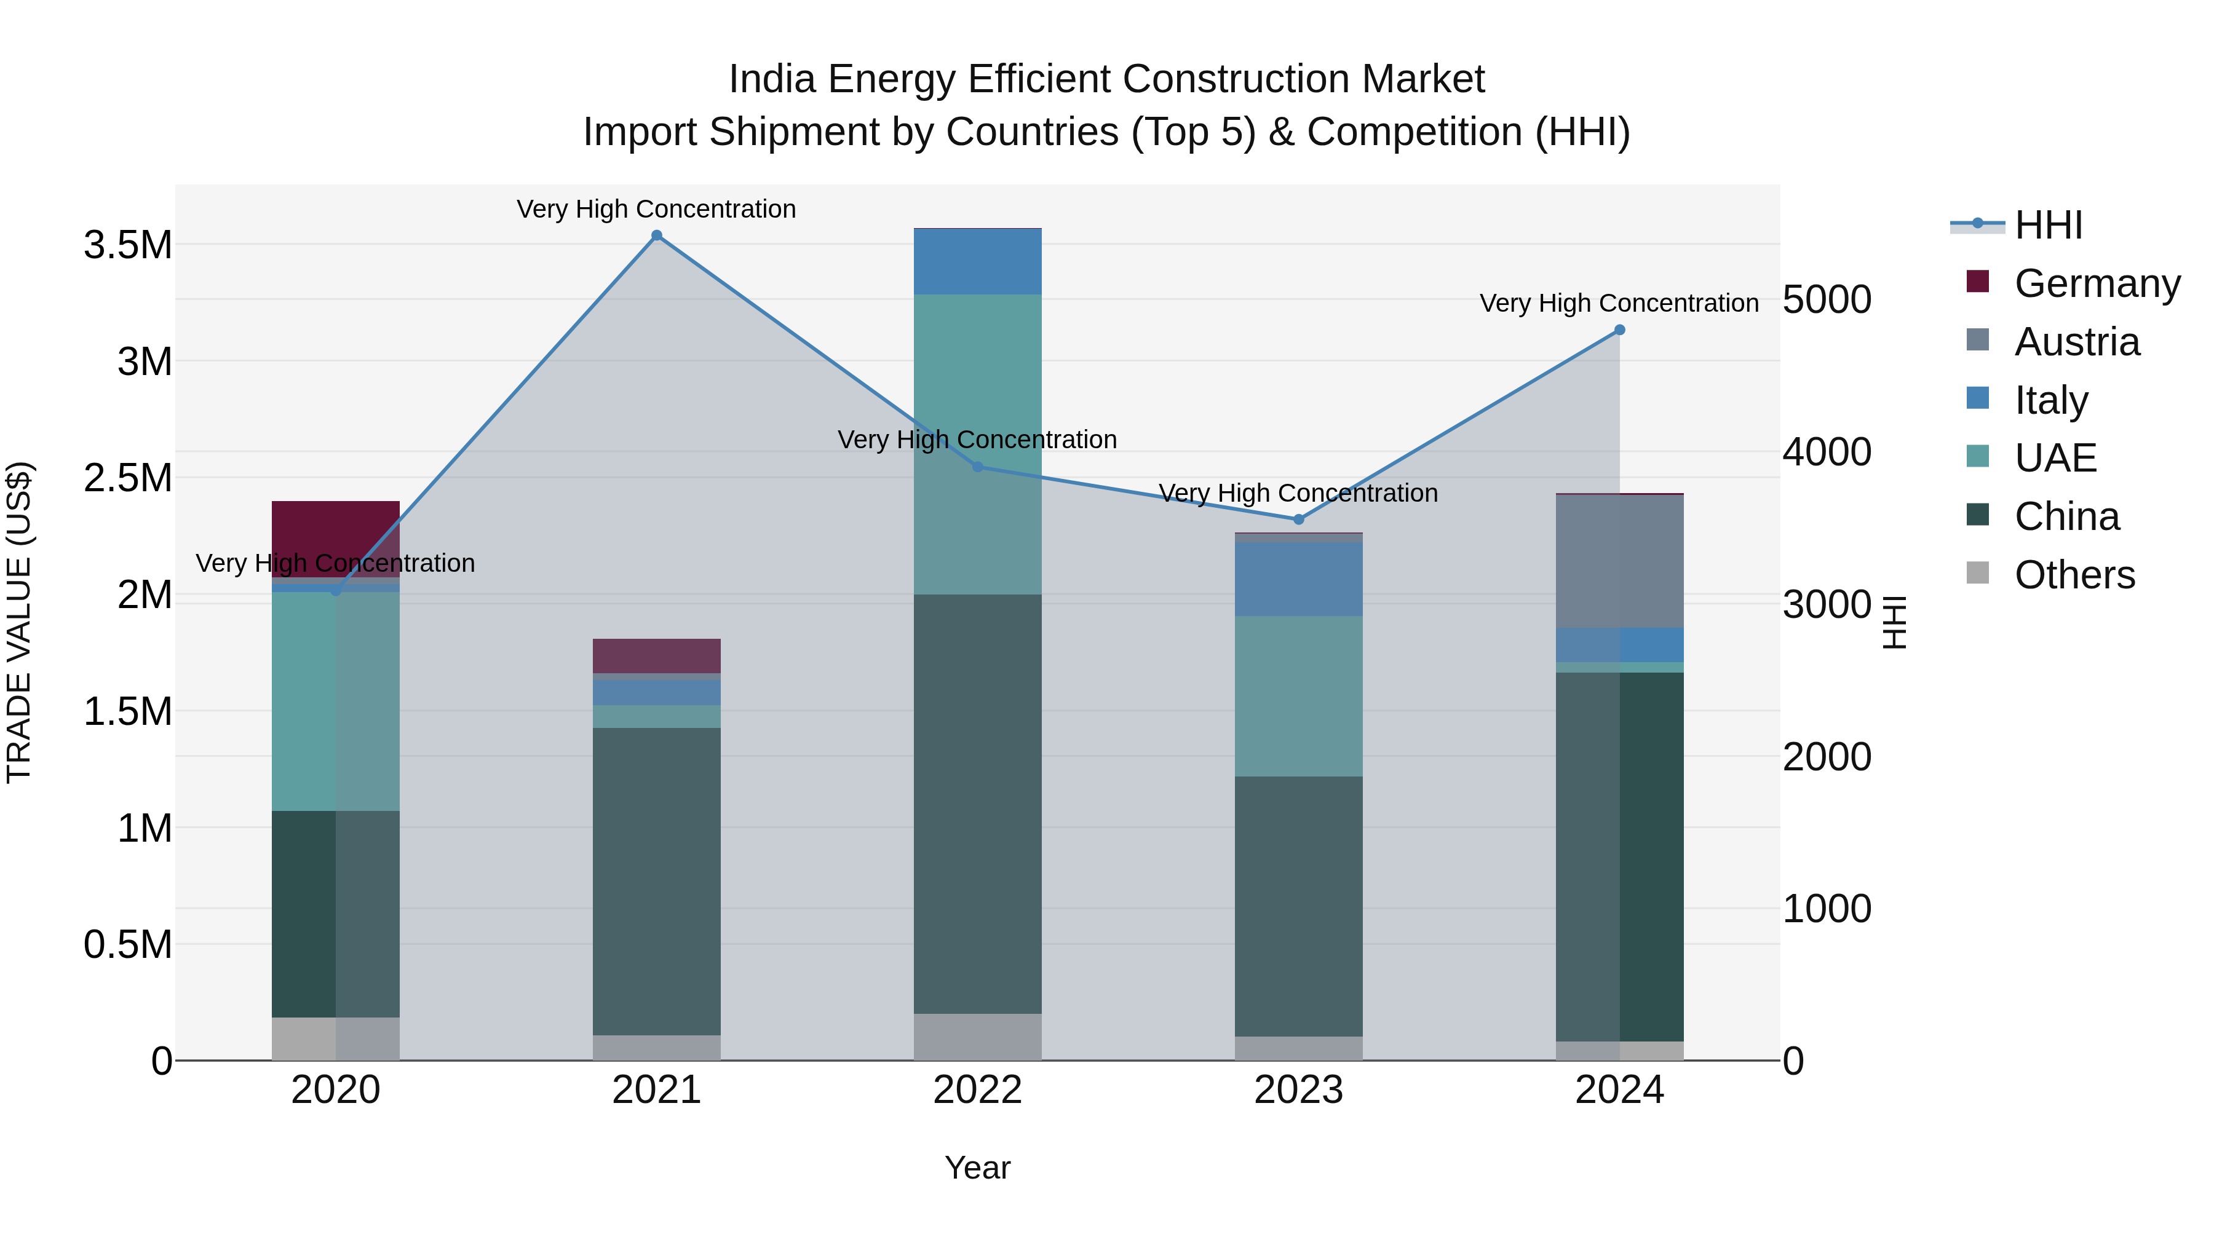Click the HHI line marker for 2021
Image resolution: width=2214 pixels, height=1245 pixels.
(x=657, y=235)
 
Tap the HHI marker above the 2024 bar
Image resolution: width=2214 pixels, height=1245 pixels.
(x=1619, y=330)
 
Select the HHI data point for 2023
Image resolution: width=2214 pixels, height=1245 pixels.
(x=1299, y=520)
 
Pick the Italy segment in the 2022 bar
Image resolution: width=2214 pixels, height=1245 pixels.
(x=977, y=262)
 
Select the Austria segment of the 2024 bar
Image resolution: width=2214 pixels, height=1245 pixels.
(x=1619, y=562)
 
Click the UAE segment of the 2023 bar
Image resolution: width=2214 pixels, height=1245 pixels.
(x=1299, y=696)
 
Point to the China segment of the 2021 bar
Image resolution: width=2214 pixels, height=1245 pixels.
(x=657, y=880)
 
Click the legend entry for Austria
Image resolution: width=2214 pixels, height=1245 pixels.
(x=2076, y=342)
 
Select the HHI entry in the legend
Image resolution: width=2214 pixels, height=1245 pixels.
(x=2048, y=225)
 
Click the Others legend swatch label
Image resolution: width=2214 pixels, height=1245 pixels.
(x=2074, y=575)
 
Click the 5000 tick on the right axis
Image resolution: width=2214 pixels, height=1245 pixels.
(x=1827, y=300)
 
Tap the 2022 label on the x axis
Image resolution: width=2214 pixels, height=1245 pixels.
(x=977, y=1090)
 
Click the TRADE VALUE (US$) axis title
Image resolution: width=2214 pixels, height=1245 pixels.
(x=19, y=622)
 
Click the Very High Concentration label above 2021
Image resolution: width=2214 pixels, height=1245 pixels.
(x=657, y=209)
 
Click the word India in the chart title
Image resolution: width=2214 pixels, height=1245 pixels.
(x=771, y=79)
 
